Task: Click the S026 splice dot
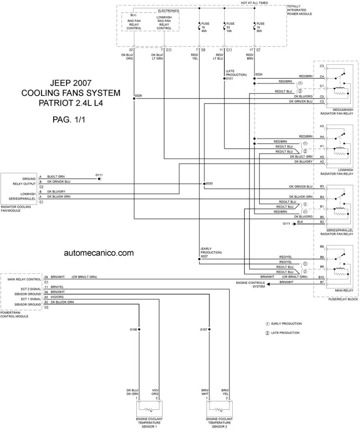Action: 134,99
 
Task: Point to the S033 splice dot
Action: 204,184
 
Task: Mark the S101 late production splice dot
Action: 224,79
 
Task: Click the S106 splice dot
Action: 139,329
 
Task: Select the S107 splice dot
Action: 209,329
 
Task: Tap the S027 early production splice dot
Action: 199,259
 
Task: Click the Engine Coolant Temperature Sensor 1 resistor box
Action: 149,408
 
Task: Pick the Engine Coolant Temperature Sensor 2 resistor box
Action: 220,408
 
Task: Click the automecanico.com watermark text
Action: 99,253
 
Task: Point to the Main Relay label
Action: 344,290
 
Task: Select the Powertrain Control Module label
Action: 14,314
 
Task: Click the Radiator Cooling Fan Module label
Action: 16,209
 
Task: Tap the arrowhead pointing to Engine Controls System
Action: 269,284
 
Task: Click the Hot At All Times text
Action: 254,3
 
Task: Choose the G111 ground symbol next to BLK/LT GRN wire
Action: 99,179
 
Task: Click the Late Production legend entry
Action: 283,333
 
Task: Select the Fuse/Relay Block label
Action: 343,299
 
